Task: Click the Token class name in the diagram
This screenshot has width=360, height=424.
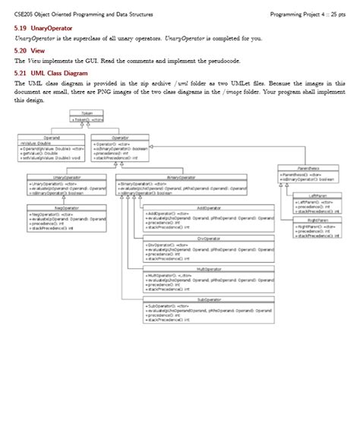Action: (x=87, y=114)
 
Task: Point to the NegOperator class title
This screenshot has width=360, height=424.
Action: (x=52, y=207)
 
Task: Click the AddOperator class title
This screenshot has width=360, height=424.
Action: (x=209, y=207)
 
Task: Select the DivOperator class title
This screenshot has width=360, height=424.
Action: (x=209, y=238)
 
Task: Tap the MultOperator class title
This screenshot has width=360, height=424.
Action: (x=209, y=268)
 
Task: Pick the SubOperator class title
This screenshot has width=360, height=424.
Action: (x=209, y=299)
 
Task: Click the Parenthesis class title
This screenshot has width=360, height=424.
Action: (x=308, y=168)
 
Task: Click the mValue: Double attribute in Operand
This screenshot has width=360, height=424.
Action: (x=36, y=143)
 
